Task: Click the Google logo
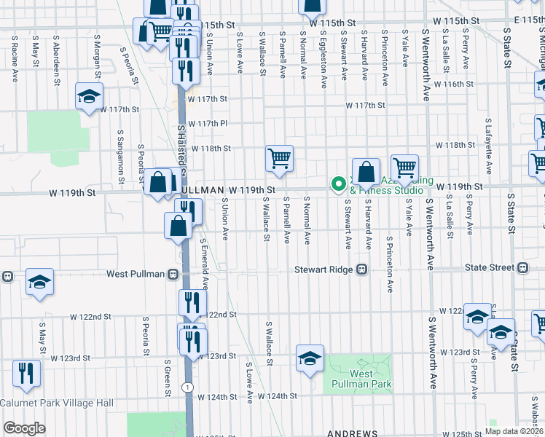coord(23,428)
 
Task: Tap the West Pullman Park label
coord(370,379)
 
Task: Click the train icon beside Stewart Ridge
coord(361,269)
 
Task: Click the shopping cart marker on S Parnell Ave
coord(279,158)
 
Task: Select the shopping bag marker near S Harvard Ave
coord(366,173)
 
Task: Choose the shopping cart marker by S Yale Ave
coord(404,168)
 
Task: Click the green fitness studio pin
coord(338,185)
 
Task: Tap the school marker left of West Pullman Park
coord(310,358)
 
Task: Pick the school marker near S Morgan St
coord(89,95)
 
